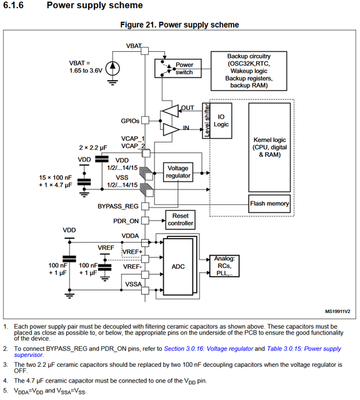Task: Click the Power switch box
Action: pos(178,68)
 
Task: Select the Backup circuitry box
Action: pos(249,71)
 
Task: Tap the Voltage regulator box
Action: pos(178,172)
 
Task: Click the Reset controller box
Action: pos(181,219)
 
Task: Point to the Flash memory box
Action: pos(269,204)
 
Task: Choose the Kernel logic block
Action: pos(269,147)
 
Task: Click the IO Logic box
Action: pos(221,121)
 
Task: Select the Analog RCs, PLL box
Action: pos(224,266)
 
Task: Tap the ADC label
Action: pos(178,267)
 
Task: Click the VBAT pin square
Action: pos(144,51)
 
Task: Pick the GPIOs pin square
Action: pos(145,120)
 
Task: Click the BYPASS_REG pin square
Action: pos(145,206)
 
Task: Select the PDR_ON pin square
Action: pos(145,221)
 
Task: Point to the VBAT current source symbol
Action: pos(112,69)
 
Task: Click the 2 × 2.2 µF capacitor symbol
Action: pos(101,159)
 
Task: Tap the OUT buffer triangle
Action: pos(170,111)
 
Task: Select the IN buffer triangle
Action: pos(171,129)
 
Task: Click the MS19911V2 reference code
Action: pos(337,311)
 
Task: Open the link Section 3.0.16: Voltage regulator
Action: pos(209,349)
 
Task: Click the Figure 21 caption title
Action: pos(179,25)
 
